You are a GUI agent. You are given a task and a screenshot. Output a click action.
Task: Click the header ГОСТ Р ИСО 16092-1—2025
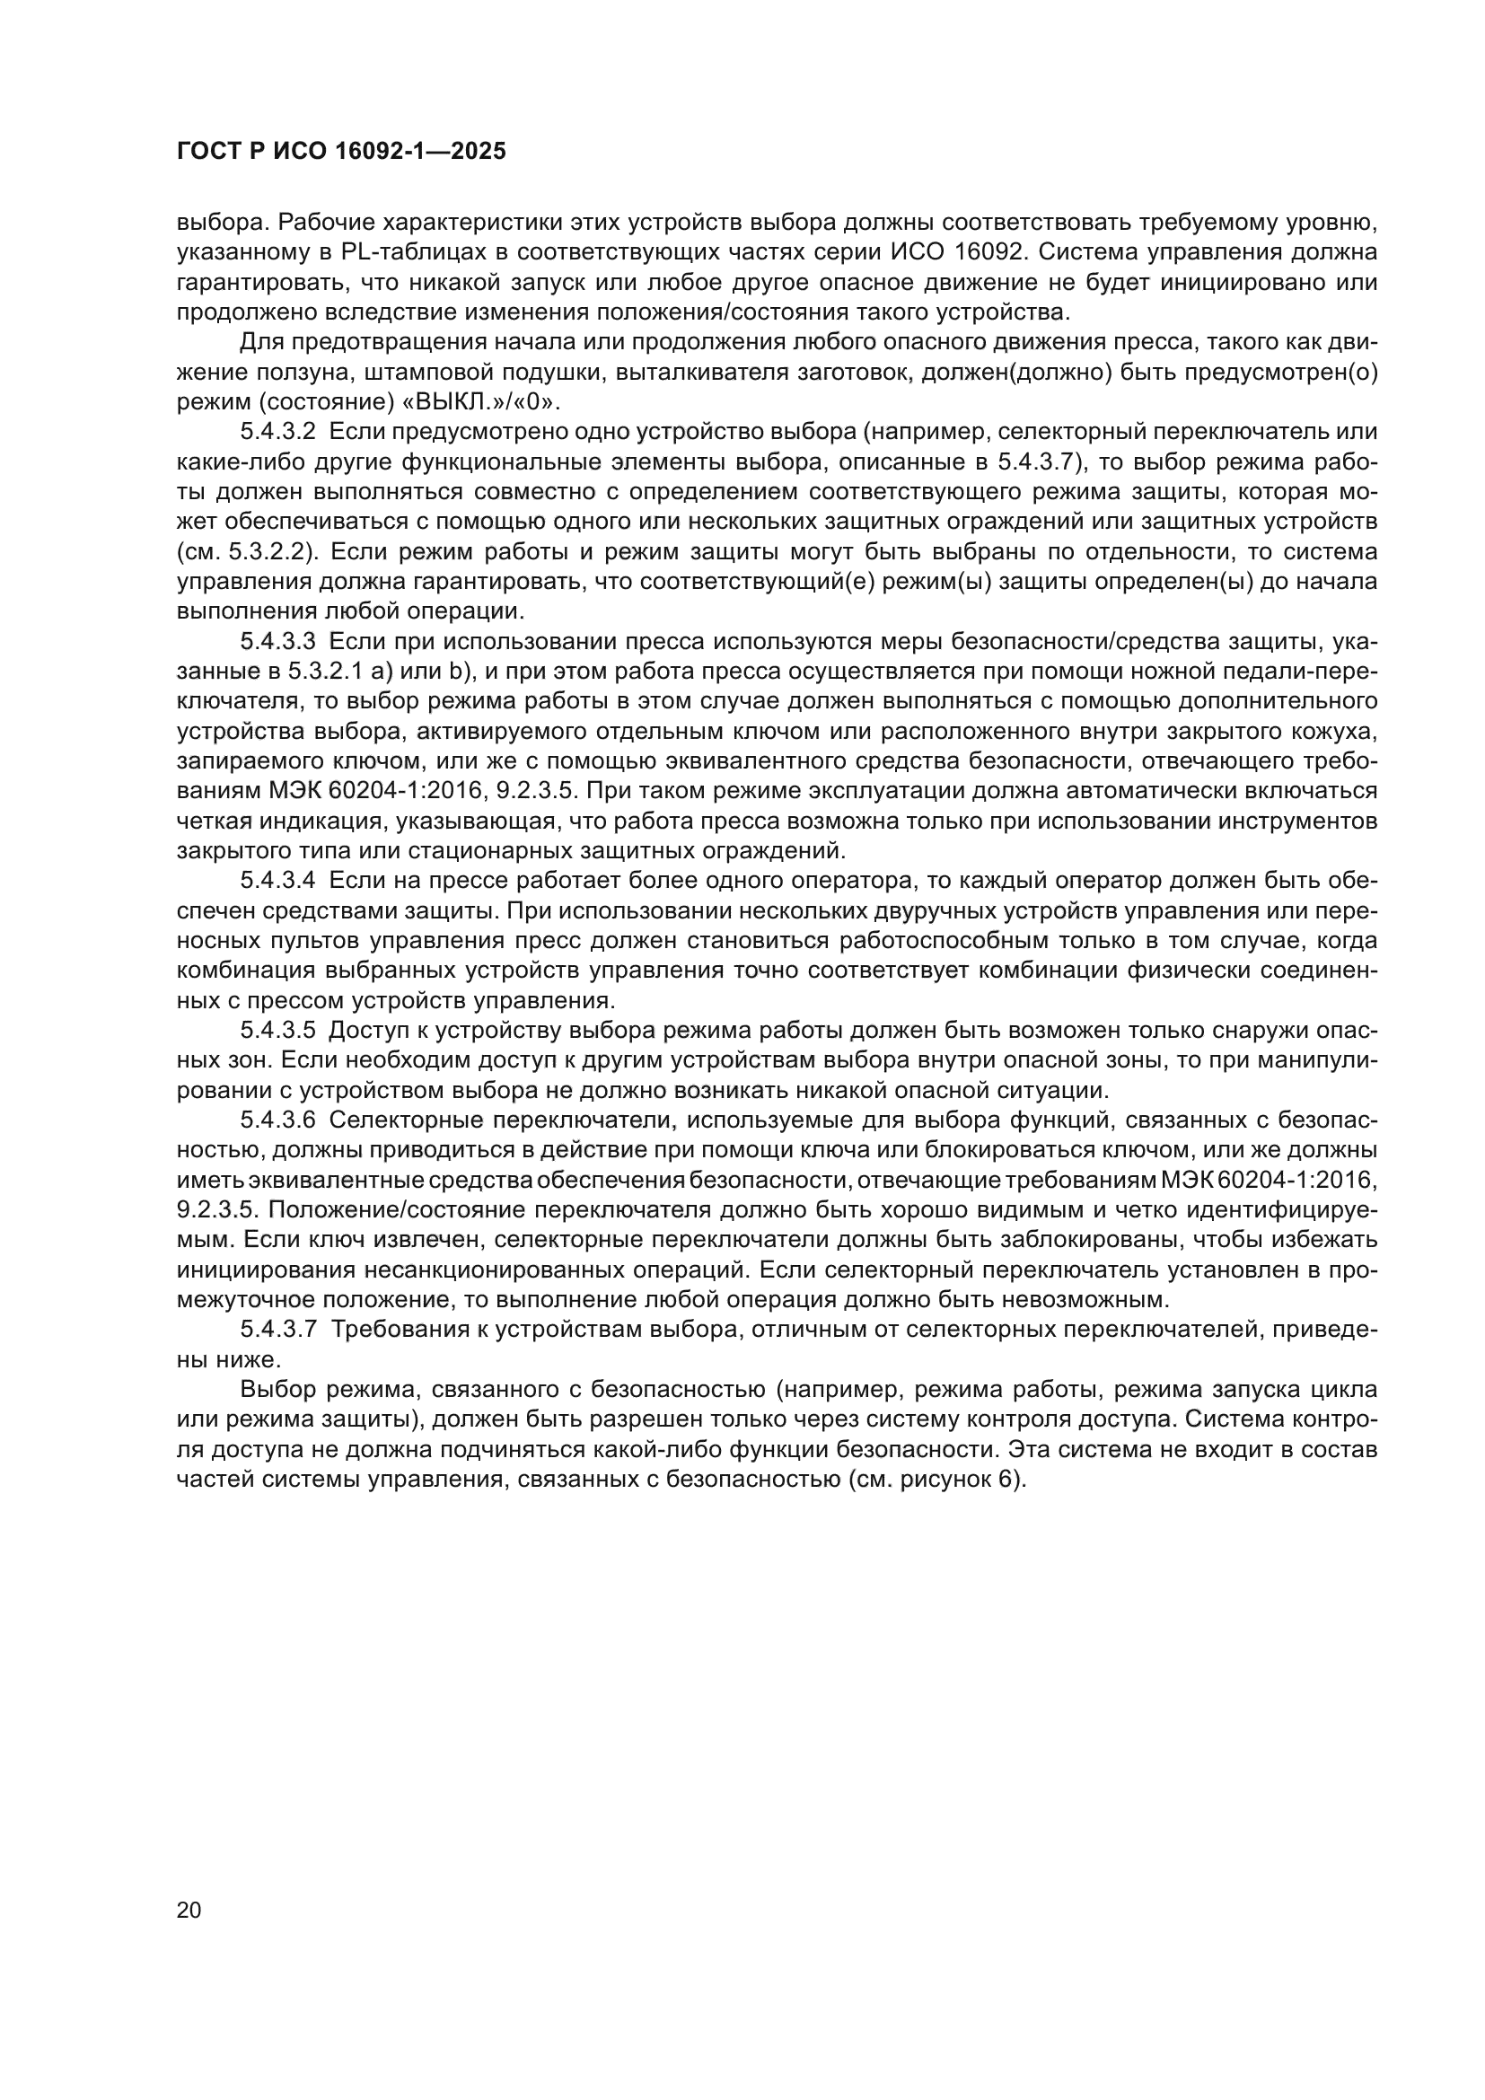[x=340, y=152]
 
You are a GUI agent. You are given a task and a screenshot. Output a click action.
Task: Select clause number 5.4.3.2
[x=278, y=432]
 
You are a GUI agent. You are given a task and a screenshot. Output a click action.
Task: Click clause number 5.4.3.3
[x=278, y=642]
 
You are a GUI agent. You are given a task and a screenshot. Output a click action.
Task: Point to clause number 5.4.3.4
[x=278, y=881]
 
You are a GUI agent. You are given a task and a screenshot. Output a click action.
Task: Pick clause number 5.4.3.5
[x=278, y=1031]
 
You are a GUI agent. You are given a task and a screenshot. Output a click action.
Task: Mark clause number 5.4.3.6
[x=278, y=1120]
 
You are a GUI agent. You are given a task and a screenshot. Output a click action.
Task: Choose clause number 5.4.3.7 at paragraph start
[x=278, y=1330]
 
